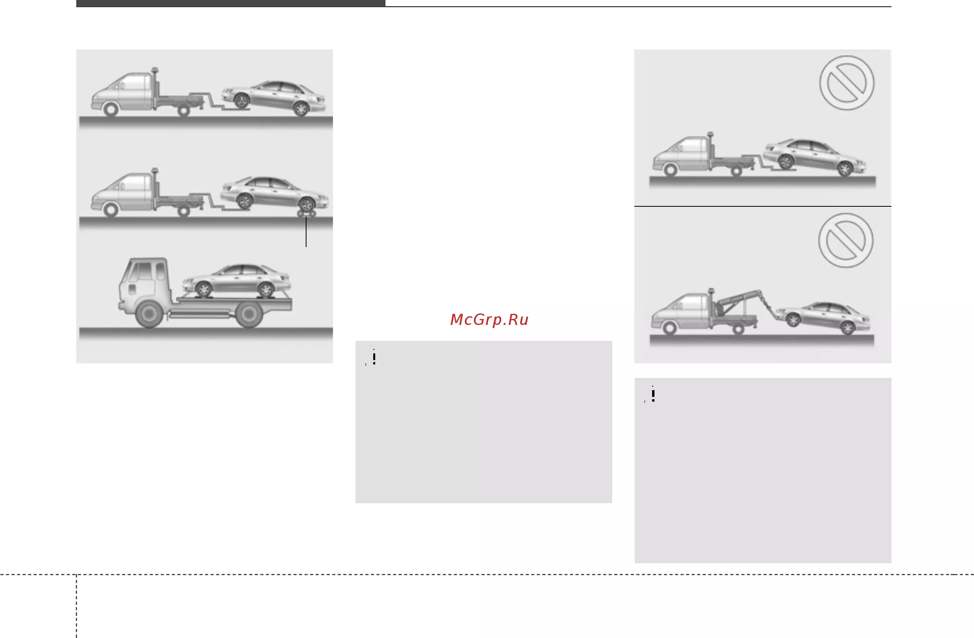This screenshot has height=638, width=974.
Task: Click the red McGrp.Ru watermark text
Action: pos(489,319)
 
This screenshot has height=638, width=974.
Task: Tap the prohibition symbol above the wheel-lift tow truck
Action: pos(847,83)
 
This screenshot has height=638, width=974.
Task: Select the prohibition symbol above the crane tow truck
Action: pos(846,240)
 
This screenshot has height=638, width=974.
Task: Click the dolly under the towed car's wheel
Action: pos(306,214)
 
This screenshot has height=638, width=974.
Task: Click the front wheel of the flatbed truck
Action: pos(149,314)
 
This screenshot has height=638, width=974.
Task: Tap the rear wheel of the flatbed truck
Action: pos(249,314)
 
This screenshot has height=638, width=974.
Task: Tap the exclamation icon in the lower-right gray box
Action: pos(653,395)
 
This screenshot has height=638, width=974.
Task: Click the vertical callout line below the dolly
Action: pos(306,232)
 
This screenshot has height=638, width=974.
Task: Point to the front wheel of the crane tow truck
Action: pos(669,328)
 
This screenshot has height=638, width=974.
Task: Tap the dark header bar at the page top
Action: pos(231,3)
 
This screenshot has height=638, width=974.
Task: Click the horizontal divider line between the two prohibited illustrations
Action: pos(763,206)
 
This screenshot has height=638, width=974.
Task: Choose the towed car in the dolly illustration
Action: pos(274,193)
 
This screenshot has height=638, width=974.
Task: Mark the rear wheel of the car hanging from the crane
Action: pos(848,328)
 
